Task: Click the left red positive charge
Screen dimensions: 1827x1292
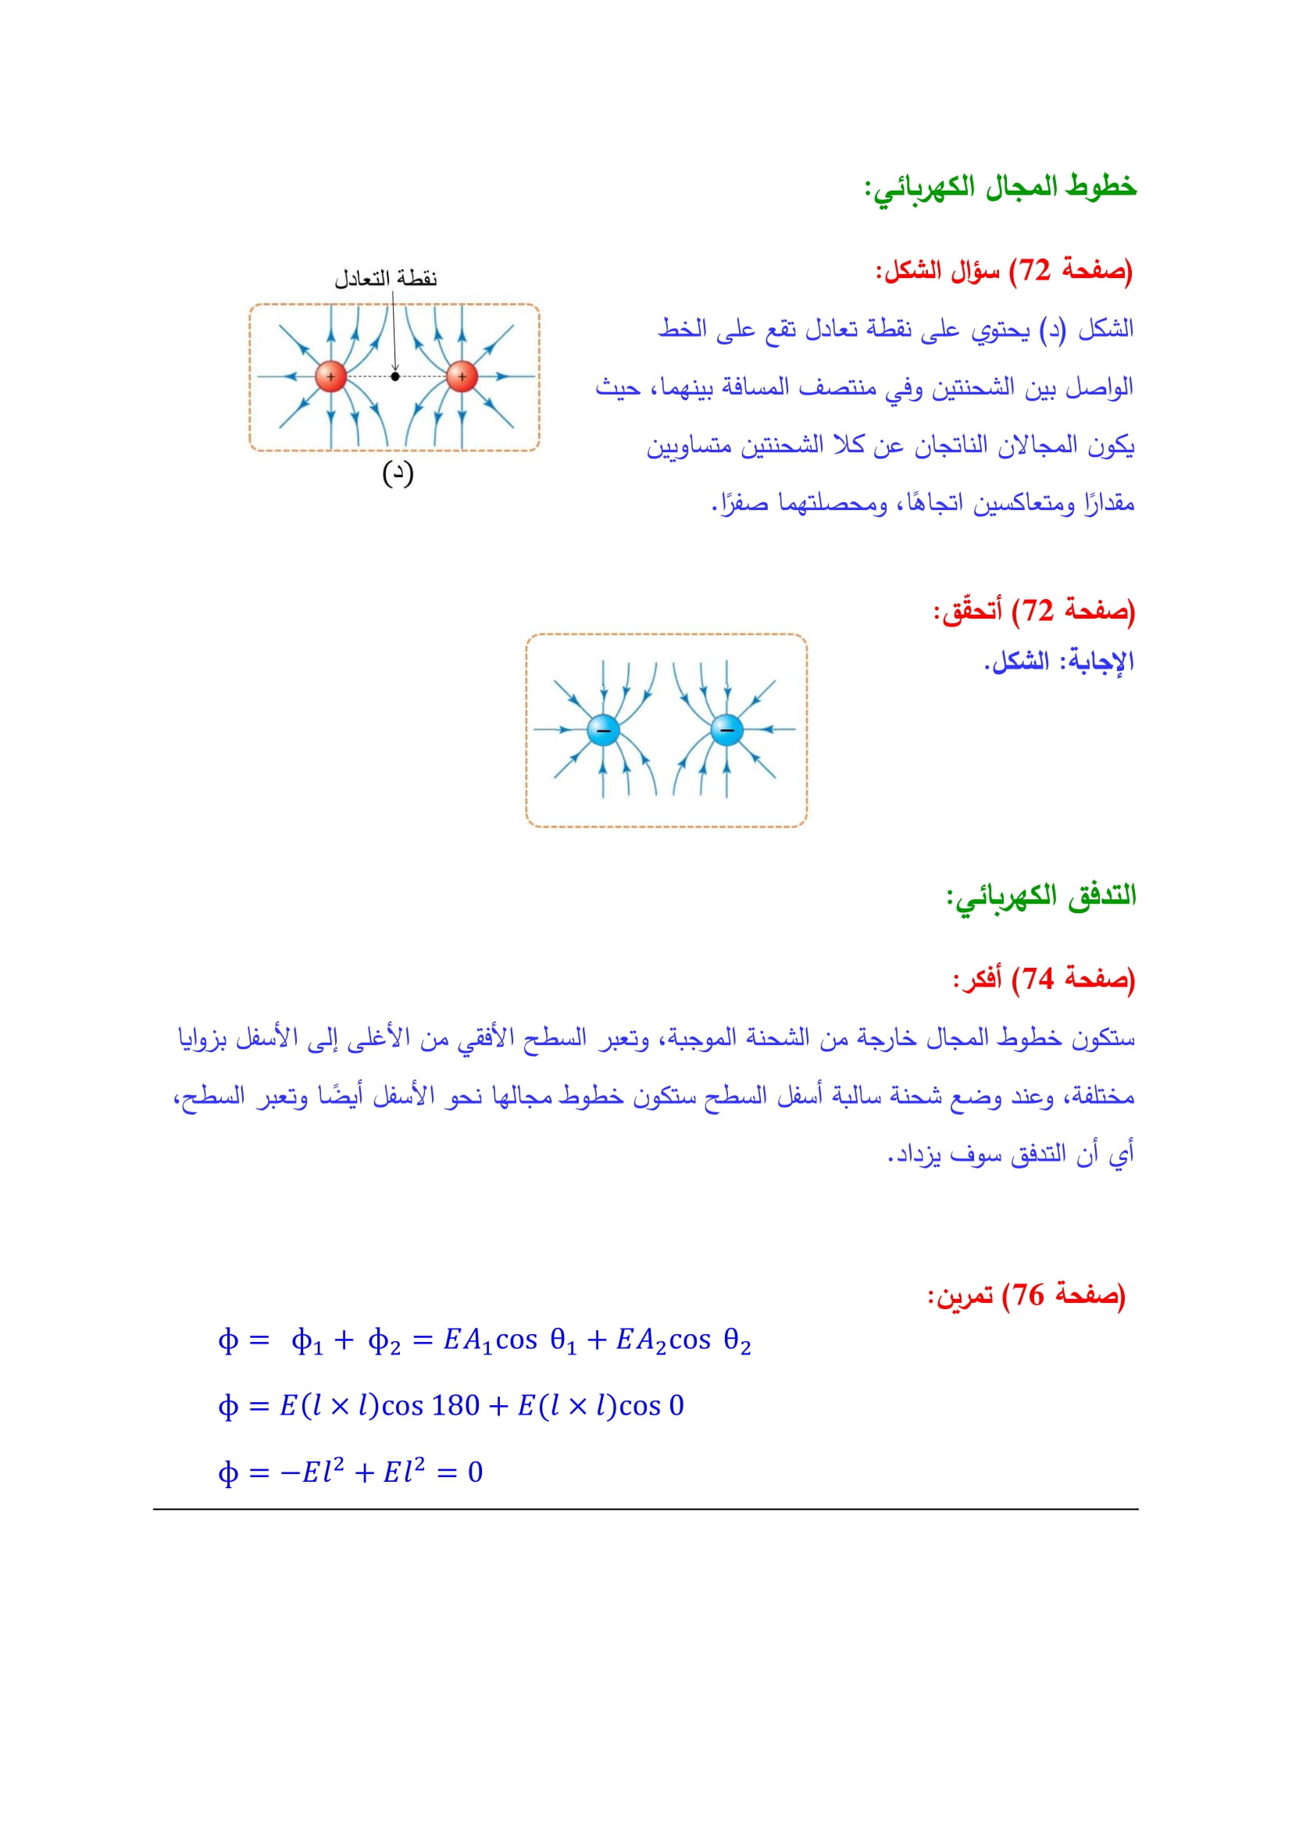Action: tap(331, 376)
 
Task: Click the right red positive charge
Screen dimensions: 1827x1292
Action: tap(462, 376)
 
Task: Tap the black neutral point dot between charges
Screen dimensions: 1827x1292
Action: tap(395, 376)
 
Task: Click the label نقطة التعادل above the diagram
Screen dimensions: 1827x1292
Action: tap(386, 279)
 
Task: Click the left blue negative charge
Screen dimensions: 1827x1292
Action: tap(603, 730)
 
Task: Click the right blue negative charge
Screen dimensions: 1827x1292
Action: tap(726, 730)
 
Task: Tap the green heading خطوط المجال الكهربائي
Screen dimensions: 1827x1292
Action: tap(1001, 187)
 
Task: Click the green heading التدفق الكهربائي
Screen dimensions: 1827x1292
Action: tap(1041, 896)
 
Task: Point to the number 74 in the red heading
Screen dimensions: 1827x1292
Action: tap(1038, 979)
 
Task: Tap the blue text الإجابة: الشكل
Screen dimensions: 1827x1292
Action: tap(1059, 662)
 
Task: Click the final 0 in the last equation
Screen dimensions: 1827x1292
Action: tap(475, 1472)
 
